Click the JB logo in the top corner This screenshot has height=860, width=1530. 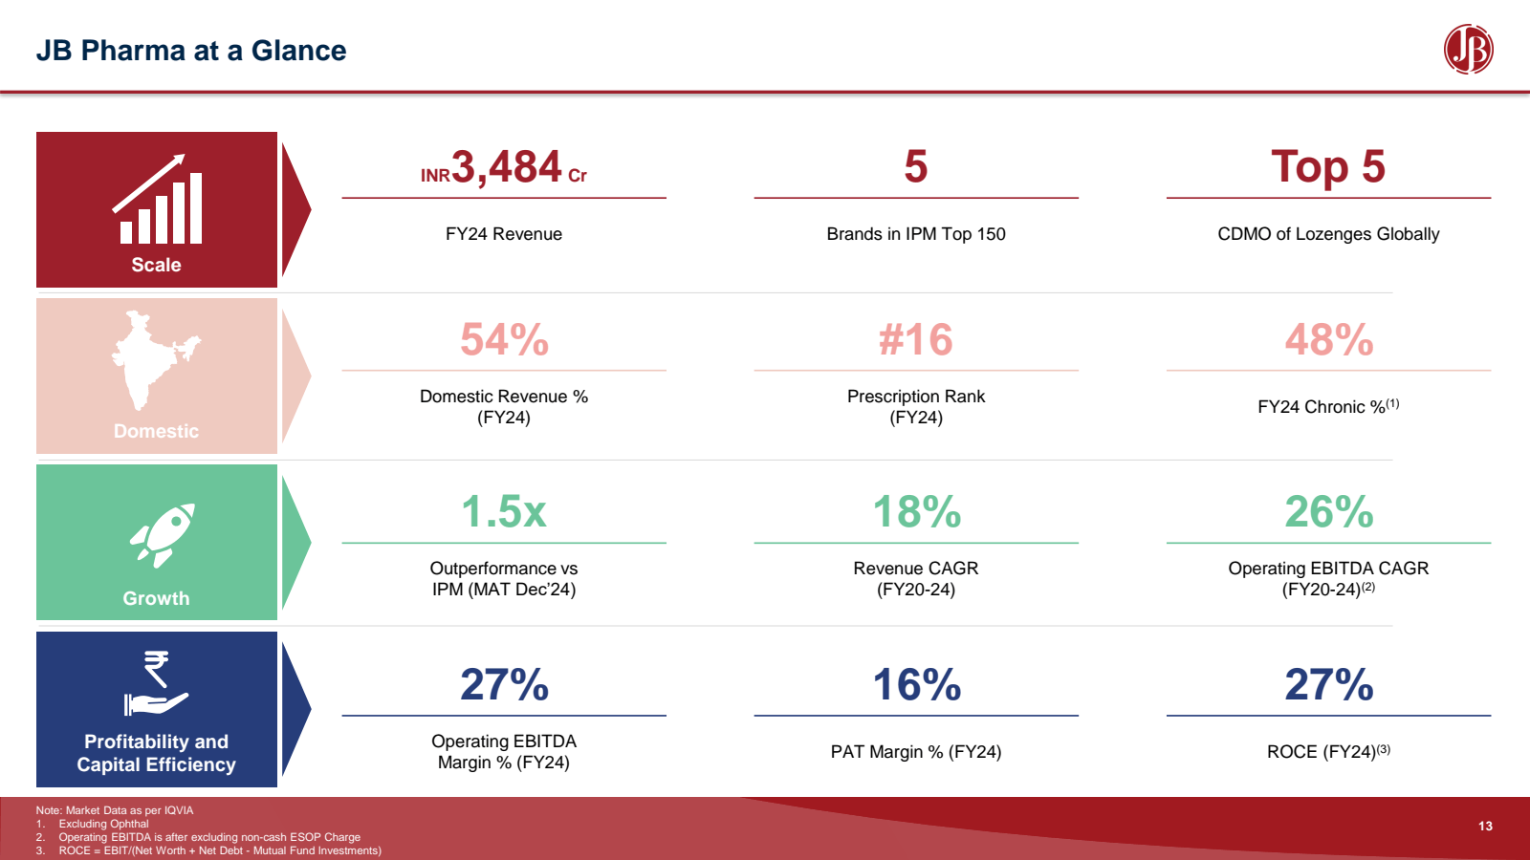[1468, 50]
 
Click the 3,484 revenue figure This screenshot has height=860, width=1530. [506, 167]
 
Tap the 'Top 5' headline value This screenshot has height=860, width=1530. [1328, 167]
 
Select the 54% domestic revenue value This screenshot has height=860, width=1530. [504, 339]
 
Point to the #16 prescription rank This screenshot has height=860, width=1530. [915, 339]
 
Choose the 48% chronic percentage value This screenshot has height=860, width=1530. [1328, 339]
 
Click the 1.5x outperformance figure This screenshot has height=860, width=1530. [504, 511]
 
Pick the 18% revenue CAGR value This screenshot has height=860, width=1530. [916, 511]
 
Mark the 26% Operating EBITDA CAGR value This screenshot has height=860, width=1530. [1328, 511]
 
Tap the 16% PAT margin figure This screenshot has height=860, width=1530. [916, 684]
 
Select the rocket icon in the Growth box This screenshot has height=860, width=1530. [163, 534]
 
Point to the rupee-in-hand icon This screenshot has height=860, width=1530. [156, 684]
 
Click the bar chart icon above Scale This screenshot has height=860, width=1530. [158, 201]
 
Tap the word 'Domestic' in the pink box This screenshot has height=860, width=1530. [156, 431]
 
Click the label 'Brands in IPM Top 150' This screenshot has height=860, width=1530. [916, 234]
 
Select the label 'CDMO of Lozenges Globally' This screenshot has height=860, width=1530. [1328, 234]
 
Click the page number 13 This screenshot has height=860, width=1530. [1485, 827]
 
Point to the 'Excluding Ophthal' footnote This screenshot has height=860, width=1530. [103, 824]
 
